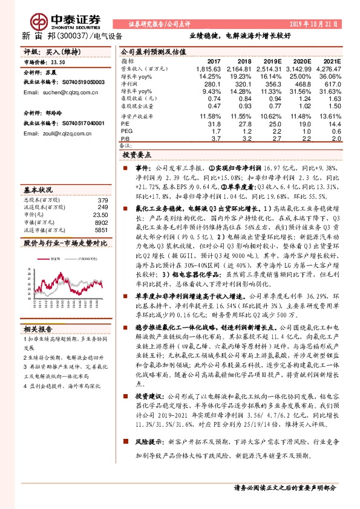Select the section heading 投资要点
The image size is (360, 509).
pyautogui.click(x=139, y=155)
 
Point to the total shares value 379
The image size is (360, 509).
pyautogui.click(x=103, y=200)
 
